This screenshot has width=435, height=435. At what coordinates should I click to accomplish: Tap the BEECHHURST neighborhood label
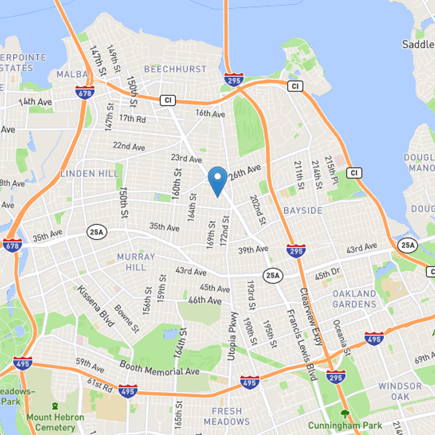coord(175,69)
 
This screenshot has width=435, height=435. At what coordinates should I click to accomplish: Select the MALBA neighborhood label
coord(72,74)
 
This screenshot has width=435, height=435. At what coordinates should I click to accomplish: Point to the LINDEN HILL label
coord(89,174)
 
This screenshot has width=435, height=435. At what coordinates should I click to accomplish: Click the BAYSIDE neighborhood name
coord(303,210)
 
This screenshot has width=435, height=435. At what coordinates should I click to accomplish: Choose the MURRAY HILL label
coord(136,262)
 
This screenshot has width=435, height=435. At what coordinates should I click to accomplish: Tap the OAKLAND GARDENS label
coord(355,299)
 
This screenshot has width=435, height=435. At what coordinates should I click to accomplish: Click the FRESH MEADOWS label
coord(227,416)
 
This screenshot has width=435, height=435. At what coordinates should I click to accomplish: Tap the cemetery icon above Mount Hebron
coord(55,406)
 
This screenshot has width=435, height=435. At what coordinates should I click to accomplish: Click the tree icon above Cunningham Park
coord(343,414)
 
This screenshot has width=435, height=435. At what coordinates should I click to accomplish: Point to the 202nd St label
coord(258,210)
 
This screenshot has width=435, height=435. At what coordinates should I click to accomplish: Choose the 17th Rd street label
coord(133,119)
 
